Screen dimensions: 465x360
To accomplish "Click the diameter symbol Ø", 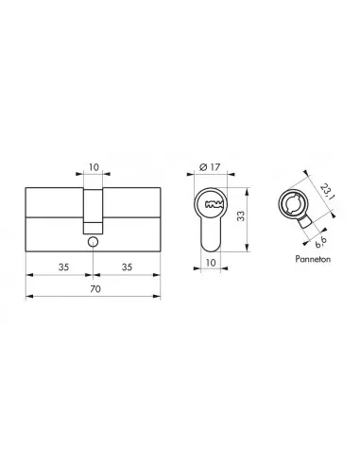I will pyautogui.click(x=205, y=170).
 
